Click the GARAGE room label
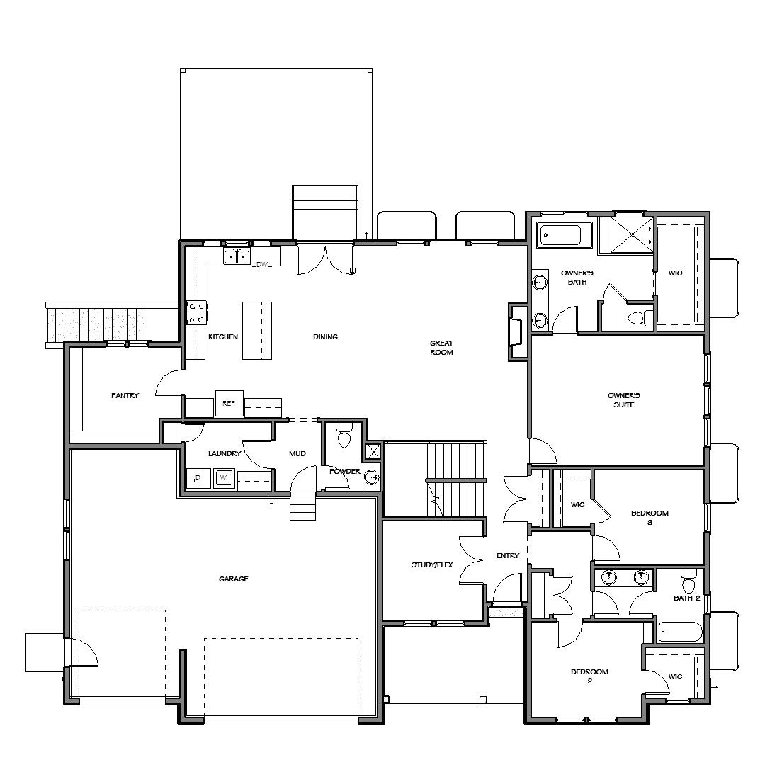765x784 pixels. pos(233,579)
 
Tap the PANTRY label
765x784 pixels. pos(125,396)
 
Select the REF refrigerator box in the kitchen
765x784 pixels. pos(229,402)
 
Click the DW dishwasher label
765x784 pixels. pos(262,265)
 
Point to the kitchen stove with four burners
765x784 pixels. pos(196,313)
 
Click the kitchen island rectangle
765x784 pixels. pos(257,330)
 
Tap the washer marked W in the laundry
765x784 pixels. pos(224,477)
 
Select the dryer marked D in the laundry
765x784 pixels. pos(198,478)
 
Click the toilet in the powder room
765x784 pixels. pos(344,436)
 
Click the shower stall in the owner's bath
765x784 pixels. pos(625,235)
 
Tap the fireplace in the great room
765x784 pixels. pos(516,331)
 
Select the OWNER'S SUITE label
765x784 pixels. pos(624,400)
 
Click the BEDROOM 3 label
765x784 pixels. pos(650,518)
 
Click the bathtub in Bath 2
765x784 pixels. pos(680,632)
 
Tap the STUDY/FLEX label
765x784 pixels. pos(432,565)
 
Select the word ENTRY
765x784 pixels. pos(508,556)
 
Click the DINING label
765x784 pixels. pos(325,337)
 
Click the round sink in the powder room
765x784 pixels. pos(373,479)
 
